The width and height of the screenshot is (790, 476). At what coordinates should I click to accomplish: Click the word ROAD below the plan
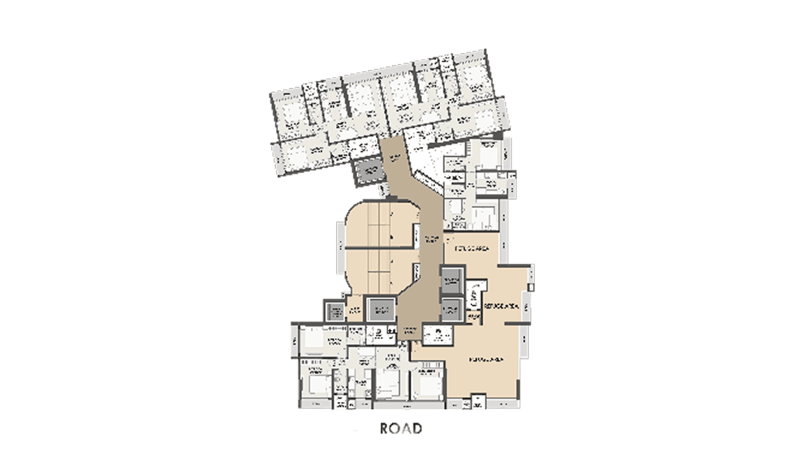click(401, 428)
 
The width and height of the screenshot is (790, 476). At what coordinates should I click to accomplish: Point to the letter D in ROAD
click(417, 428)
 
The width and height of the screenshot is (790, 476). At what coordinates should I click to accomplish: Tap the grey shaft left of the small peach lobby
click(334, 310)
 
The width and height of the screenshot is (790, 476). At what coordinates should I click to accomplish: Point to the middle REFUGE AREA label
click(499, 306)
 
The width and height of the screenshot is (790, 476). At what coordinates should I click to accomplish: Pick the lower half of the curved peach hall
click(380, 272)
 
